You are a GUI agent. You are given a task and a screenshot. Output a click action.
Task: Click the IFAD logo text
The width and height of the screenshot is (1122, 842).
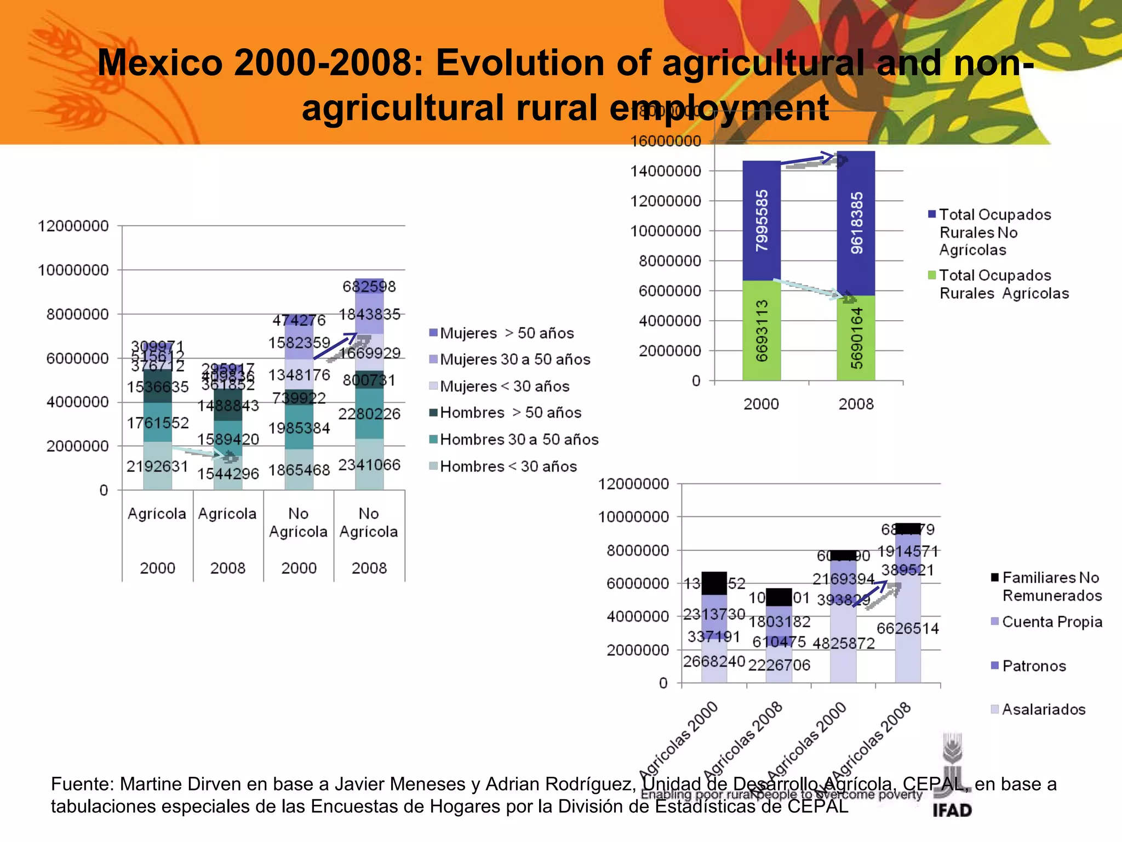point(952,810)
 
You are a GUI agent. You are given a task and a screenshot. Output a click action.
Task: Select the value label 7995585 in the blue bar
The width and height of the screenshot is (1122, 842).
point(762,220)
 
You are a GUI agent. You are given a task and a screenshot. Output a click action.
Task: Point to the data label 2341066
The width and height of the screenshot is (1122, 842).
point(369,465)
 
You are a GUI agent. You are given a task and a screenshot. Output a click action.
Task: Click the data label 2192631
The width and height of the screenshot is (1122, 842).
point(157,466)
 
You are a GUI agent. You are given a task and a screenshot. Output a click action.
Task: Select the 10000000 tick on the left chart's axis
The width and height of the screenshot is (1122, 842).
point(73,270)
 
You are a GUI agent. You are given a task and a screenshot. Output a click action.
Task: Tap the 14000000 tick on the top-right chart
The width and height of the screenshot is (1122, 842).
point(666,171)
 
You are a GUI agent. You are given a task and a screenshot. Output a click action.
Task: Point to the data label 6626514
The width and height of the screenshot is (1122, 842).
point(908,628)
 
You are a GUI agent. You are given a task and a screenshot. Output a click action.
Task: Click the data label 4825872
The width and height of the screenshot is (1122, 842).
point(844,643)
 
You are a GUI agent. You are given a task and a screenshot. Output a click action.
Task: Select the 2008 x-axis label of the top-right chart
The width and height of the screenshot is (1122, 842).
point(856,404)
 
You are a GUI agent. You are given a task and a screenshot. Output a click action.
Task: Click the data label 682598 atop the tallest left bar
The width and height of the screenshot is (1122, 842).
point(369,286)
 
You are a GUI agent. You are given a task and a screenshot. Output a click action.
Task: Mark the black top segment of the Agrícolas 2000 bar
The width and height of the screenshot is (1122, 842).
point(714,583)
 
